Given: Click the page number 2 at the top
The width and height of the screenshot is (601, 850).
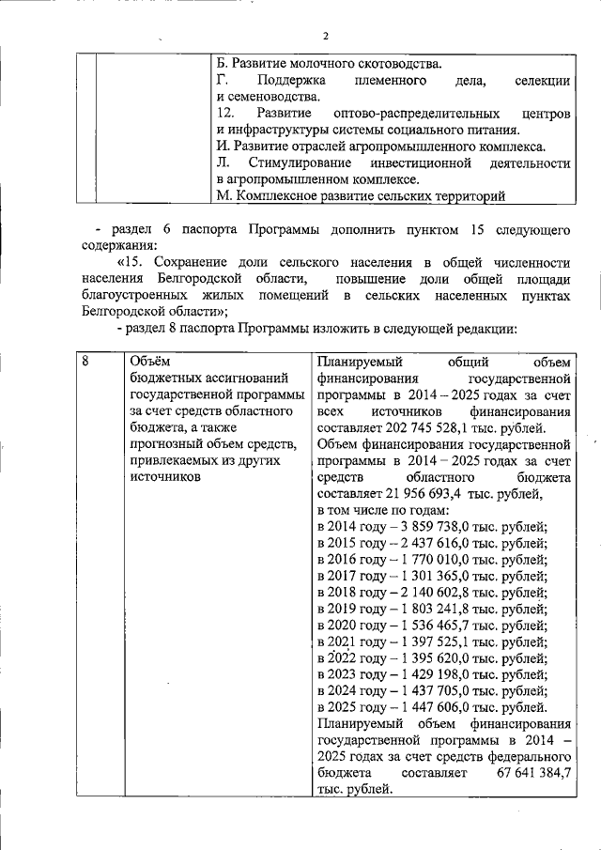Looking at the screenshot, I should [x=325, y=36].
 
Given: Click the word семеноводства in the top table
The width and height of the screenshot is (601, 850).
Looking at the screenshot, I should [x=276, y=97].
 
